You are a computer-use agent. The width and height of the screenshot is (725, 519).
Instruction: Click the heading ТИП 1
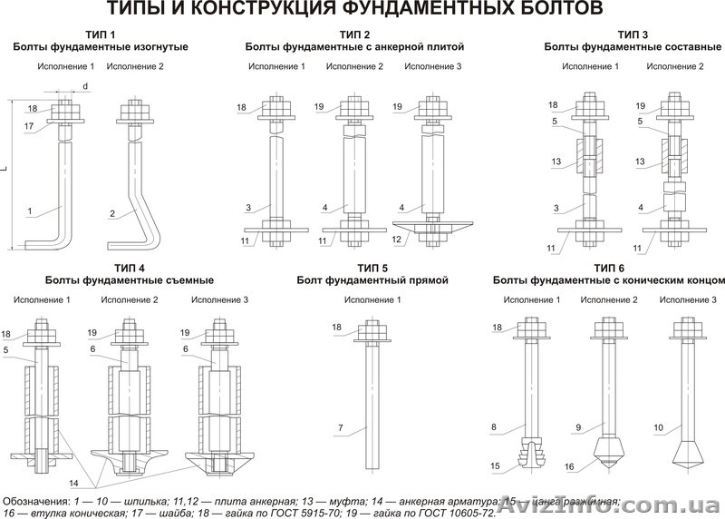coord(101,34)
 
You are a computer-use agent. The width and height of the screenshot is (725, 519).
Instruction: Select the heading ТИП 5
coord(372,268)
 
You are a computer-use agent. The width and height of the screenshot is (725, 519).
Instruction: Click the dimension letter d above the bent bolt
coord(84,86)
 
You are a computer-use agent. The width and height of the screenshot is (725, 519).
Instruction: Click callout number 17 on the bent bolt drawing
coord(30,127)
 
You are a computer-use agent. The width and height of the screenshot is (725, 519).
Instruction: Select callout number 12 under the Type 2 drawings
coord(396,240)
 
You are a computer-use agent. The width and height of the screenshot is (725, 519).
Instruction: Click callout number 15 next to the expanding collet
coord(497,465)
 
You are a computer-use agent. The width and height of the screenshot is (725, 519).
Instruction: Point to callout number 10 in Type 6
coord(658,426)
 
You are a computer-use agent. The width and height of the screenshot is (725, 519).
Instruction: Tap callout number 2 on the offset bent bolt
coord(111,212)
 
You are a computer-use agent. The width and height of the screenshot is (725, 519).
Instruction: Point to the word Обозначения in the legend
coord(36,500)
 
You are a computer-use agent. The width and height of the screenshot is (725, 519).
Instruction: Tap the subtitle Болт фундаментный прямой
coord(372,280)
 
